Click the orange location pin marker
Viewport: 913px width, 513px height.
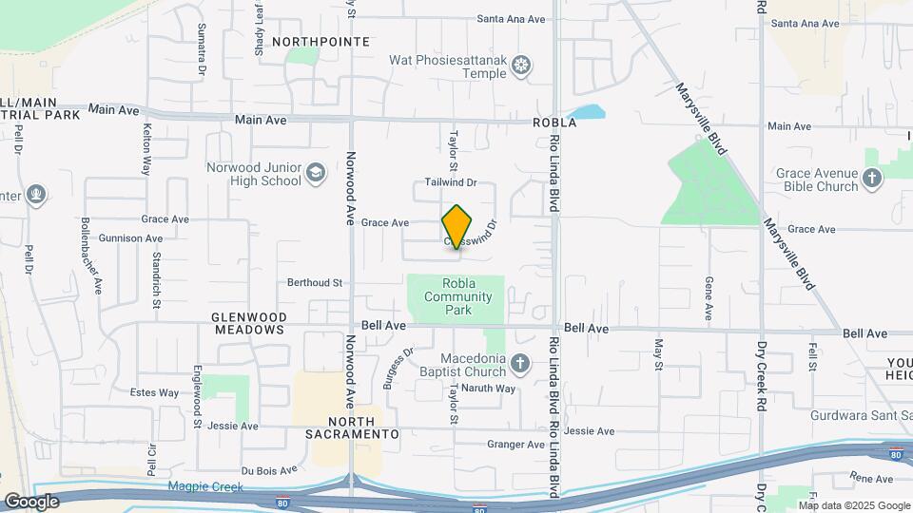pos(457,227)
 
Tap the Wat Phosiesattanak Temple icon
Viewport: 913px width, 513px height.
pos(521,65)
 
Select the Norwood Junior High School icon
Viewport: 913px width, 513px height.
pos(316,175)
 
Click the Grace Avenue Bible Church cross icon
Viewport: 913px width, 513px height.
pos(873,179)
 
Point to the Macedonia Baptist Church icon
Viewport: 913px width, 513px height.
pos(519,364)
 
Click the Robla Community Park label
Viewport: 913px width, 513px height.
pos(457,296)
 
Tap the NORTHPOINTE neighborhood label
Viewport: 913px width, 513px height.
pos(321,42)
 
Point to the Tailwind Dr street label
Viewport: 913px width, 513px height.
pos(450,181)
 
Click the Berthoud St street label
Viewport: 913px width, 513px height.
pos(315,283)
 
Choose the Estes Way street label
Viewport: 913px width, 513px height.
pos(154,392)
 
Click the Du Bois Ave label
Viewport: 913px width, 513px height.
pos(269,469)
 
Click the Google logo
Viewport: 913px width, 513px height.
pos(31,501)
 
